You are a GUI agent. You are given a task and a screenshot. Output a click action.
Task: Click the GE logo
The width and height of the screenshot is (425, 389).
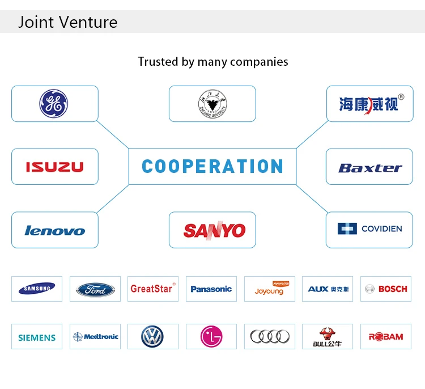tap(53, 104)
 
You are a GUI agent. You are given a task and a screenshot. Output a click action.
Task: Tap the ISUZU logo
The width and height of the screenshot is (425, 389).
tap(54, 167)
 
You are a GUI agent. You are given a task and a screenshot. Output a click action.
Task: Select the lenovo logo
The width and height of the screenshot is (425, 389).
tap(54, 230)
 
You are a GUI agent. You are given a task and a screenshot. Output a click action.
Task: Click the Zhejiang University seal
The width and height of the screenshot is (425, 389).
tap(212, 104)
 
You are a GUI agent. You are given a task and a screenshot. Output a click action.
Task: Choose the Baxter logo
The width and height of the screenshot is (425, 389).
tap(369, 167)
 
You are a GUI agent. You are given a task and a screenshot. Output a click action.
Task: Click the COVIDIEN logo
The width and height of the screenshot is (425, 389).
tap(369, 229)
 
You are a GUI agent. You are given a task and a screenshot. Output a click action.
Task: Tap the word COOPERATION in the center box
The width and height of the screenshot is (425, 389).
tap(212, 167)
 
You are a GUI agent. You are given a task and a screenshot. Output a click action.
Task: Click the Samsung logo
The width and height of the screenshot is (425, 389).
tap(37, 289)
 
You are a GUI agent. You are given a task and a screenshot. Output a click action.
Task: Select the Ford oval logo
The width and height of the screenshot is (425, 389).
tap(95, 289)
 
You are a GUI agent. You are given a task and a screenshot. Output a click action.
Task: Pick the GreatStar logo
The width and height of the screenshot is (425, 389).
tap(152, 288)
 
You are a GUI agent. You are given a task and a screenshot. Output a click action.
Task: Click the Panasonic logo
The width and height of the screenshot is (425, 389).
tap(211, 289)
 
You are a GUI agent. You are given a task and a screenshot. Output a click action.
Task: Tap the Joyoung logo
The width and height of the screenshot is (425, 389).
tap(269, 289)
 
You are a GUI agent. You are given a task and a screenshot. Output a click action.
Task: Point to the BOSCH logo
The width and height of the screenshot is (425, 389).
tap(385, 289)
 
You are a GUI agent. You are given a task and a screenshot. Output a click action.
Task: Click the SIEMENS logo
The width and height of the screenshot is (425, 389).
tap(37, 337)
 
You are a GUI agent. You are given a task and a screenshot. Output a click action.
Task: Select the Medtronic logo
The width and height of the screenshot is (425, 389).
tap(95, 336)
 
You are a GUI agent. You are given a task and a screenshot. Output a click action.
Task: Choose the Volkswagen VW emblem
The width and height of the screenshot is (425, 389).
tap(152, 337)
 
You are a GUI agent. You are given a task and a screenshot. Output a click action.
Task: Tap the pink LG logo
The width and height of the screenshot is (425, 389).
tap(211, 337)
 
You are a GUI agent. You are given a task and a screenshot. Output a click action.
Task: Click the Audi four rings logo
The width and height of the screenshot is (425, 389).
tap(270, 337)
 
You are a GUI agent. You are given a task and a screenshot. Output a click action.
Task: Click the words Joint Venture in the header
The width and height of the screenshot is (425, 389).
tap(68, 22)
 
